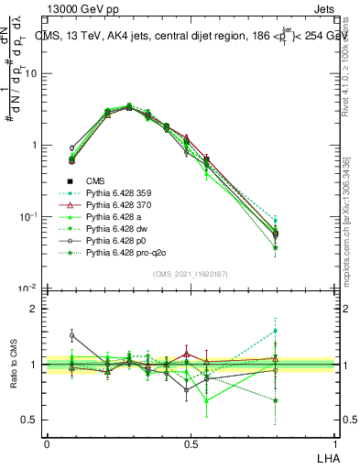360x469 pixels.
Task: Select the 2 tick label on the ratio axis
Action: [x=33, y=309]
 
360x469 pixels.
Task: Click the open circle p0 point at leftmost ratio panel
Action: [x=71, y=335]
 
